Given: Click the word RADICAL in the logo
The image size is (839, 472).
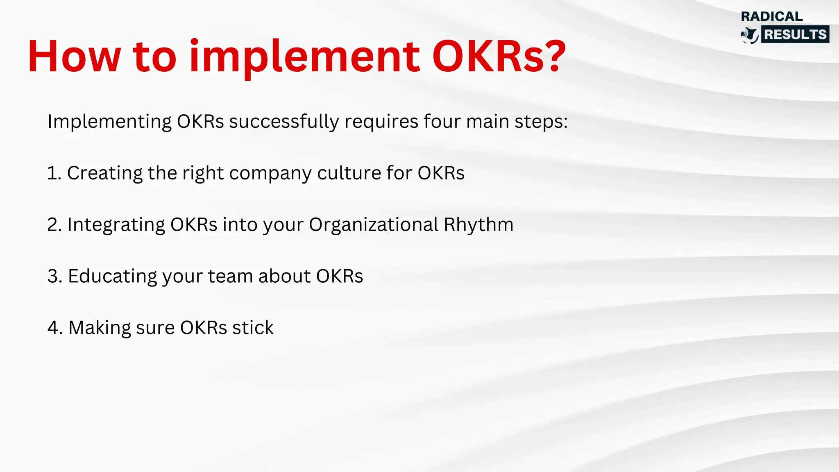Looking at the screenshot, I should [772, 16].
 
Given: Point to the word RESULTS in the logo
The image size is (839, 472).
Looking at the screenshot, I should [795, 34].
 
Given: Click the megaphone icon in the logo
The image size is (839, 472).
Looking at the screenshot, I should [750, 35].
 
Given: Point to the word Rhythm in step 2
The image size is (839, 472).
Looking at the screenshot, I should [478, 225].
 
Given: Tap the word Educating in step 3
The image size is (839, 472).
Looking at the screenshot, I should [112, 277].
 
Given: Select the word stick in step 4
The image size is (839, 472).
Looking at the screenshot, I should [253, 328].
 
